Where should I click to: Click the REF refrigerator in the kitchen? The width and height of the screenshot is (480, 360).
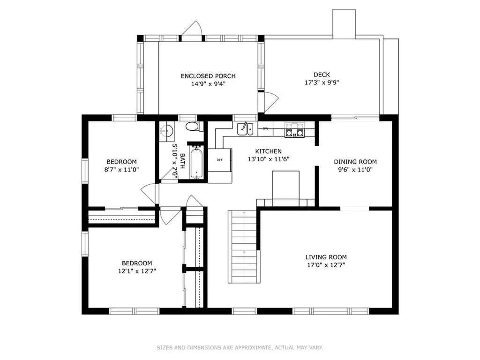(x=220, y=160)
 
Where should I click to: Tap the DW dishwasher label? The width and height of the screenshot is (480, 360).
(x=265, y=128)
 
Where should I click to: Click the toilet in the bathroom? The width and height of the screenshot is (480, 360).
(x=193, y=126)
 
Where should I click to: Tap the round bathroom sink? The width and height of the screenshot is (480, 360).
(x=167, y=131)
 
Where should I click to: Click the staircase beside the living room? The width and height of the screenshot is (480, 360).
(x=242, y=247)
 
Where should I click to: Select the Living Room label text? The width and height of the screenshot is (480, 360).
(x=326, y=257)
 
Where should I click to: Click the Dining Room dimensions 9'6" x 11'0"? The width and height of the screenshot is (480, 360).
(x=355, y=170)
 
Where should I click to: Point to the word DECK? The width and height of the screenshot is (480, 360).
(x=322, y=75)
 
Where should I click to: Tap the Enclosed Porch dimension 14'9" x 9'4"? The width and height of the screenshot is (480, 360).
(x=208, y=84)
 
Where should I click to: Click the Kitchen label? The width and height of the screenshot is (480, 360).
(x=269, y=151)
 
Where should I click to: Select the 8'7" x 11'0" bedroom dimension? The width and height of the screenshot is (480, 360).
(x=121, y=170)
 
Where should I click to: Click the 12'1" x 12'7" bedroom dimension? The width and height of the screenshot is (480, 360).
(x=137, y=271)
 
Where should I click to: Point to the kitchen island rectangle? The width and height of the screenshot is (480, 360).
(x=286, y=185)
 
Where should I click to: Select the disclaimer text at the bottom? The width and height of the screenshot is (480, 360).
(x=240, y=347)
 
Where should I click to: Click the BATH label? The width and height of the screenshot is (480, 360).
(x=182, y=161)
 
